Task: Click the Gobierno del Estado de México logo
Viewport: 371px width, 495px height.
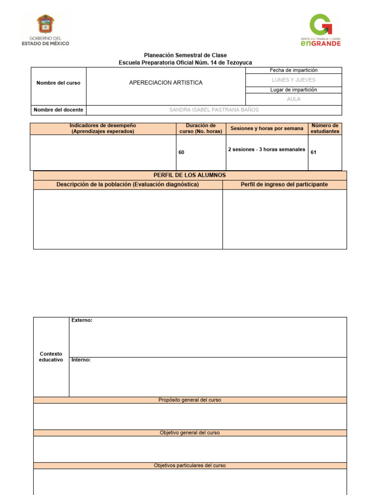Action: [x=45, y=30]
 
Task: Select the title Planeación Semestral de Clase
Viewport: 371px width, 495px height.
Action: [x=185, y=56]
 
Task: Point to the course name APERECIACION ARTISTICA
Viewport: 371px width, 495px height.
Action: [x=166, y=83]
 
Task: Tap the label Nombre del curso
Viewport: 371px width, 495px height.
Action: [x=58, y=83]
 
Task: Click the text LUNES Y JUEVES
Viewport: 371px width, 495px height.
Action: [x=294, y=80]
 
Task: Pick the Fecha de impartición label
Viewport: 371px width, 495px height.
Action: [x=294, y=71]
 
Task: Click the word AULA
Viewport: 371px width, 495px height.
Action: [x=294, y=99]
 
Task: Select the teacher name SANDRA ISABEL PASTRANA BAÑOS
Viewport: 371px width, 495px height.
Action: [x=214, y=110]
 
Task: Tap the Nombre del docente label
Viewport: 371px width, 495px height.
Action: [x=58, y=110]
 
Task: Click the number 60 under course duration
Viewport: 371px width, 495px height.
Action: [x=181, y=152]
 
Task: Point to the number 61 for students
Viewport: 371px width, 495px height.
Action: [x=314, y=152]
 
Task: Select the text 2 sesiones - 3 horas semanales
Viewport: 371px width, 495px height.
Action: [x=266, y=149]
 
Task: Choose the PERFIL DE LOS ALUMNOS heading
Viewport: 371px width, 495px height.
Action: [x=189, y=175]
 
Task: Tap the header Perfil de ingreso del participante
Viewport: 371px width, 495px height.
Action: [x=284, y=185]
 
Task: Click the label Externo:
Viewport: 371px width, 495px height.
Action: [x=82, y=320]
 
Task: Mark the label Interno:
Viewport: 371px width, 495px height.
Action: [x=81, y=360]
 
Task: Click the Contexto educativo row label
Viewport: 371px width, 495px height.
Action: [x=51, y=357]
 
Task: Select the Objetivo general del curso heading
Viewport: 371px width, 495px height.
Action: [x=189, y=433]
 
